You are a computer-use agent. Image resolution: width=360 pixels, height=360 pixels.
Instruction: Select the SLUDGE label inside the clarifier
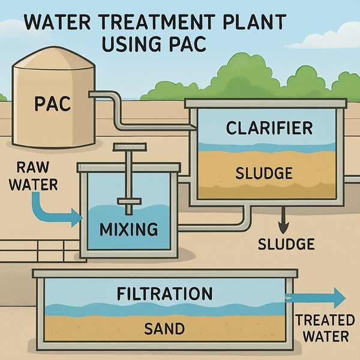[264, 174]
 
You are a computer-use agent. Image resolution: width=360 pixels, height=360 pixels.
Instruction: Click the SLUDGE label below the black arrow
[286, 244]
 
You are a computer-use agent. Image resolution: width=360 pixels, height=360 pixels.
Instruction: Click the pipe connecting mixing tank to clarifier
[210, 227]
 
